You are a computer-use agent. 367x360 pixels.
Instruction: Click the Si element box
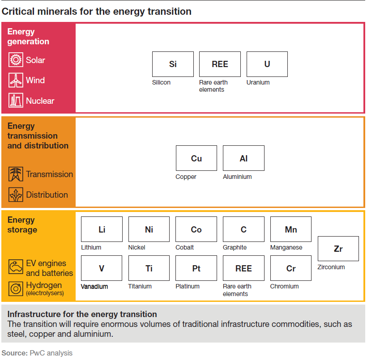coord(173,64)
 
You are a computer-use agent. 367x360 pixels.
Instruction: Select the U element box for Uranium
coord(267,64)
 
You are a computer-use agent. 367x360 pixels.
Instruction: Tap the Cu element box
coord(196,158)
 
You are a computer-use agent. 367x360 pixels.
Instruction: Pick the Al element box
coord(243,158)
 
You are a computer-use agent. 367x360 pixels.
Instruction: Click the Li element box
coord(102,229)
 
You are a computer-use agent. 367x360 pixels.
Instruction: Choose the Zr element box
coord(338,249)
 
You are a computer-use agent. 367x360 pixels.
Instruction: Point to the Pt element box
coord(196,268)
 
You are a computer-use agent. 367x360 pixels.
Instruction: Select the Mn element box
coord(291,229)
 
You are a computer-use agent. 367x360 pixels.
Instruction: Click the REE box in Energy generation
coord(220,64)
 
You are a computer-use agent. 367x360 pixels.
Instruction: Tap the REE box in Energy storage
coord(243,268)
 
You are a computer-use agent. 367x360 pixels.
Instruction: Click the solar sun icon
coord(16,60)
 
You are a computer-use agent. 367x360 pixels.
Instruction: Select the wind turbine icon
coord(16,80)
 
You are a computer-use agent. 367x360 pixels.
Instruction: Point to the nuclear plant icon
coord(16,101)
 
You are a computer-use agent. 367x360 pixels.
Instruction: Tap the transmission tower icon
coord(16,174)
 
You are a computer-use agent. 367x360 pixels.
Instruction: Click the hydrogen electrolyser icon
coord(16,288)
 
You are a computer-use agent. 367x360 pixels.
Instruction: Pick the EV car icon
coord(16,267)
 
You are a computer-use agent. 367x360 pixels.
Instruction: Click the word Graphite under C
coord(235,247)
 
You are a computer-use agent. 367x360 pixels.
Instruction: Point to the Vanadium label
coord(94,286)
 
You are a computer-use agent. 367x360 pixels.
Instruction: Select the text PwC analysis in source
coord(51,353)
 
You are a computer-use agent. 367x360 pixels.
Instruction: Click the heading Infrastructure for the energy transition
coord(82,314)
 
